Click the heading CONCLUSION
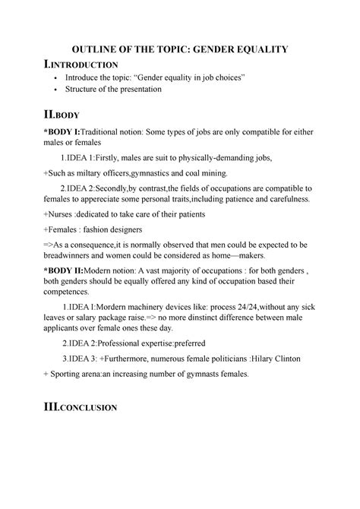(x=84, y=408)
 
